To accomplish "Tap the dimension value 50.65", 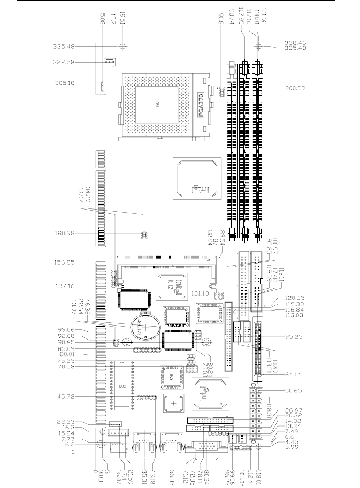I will [292, 391].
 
